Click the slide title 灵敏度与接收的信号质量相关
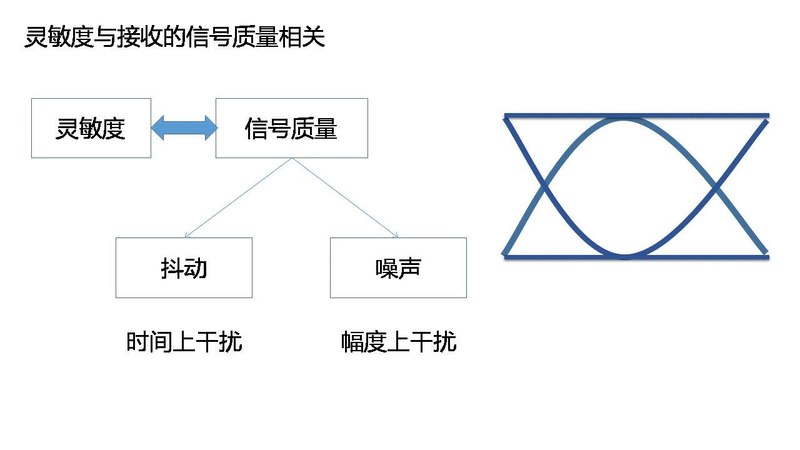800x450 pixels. (174, 37)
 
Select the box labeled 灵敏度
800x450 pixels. (91, 128)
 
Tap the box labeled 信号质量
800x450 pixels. (291, 128)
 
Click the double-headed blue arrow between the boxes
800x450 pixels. (184, 128)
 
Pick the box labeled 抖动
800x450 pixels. (184, 267)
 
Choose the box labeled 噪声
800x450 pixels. (398, 267)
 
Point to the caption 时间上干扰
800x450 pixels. (184, 342)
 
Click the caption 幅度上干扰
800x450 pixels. (399, 342)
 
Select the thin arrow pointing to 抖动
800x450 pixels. (238, 198)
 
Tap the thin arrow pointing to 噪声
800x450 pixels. (345, 198)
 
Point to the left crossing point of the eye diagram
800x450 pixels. (545, 186)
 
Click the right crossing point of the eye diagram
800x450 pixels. (716, 186)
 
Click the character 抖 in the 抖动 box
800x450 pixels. (172, 267)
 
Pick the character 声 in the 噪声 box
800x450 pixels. (410, 267)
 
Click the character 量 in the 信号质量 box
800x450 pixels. (326, 128)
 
